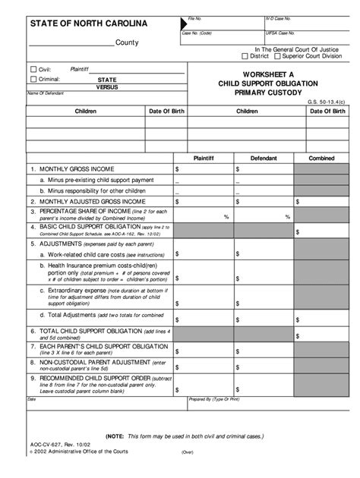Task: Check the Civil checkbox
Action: pos(33,68)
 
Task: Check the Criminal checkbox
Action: pos(33,78)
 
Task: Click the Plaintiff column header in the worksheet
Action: pos(204,159)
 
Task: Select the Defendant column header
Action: pos(264,159)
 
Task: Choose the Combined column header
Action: pos(321,159)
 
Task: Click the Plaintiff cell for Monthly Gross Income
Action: pos(204,169)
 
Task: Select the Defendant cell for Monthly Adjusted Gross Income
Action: pos(264,202)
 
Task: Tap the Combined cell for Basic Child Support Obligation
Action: pos(321,228)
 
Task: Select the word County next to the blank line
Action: pos(126,42)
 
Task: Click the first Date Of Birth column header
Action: pos(167,111)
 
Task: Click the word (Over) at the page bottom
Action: pos(188,454)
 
